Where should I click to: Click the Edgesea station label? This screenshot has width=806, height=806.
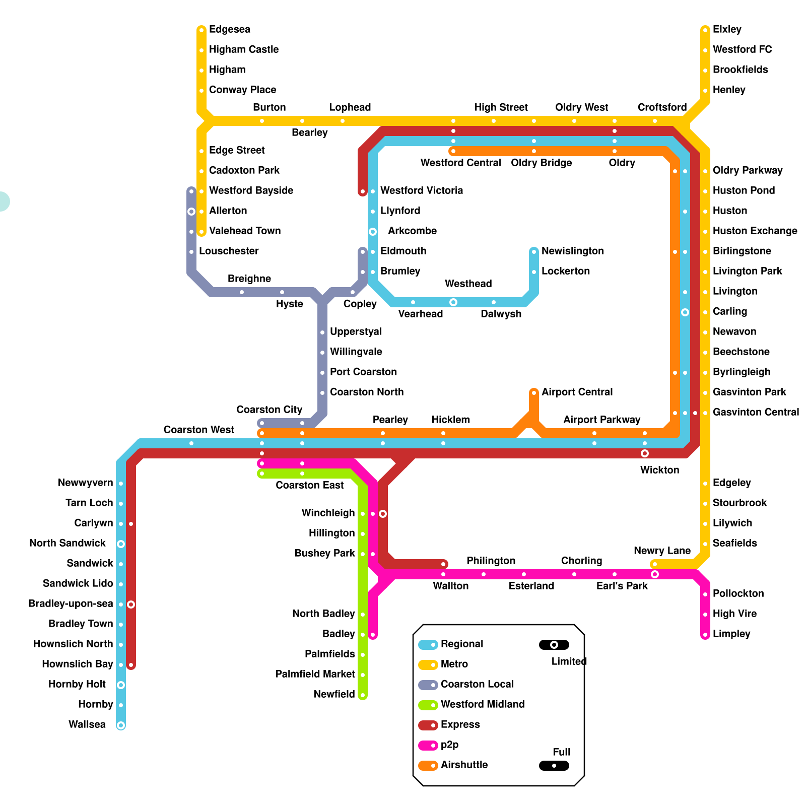[x=229, y=29]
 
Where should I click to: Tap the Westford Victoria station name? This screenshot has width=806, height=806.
[x=421, y=190]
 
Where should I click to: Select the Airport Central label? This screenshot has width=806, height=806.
[x=577, y=392]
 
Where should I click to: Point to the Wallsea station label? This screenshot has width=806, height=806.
[x=87, y=724]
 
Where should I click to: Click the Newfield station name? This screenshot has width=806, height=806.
[x=334, y=694]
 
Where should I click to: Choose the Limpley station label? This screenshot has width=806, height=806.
[x=731, y=634]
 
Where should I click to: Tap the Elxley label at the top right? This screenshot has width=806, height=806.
[x=727, y=29]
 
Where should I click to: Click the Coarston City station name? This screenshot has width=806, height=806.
[x=270, y=410]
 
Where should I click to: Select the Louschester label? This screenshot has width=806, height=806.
[x=229, y=251]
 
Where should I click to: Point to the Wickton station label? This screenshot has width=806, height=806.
[x=659, y=470]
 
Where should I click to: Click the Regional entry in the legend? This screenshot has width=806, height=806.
[x=461, y=644]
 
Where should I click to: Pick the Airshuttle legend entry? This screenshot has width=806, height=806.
[x=464, y=765]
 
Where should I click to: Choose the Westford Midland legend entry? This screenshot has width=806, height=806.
[x=482, y=704]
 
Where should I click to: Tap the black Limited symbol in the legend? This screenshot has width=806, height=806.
[x=554, y=645]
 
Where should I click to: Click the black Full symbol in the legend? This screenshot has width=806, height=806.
[x=554, y=766]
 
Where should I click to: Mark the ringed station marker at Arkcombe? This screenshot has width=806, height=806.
[x=373, y=232]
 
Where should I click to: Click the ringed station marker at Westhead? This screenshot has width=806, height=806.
[x=453, y=302]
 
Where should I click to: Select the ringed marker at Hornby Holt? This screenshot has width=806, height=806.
[x=121, y=685]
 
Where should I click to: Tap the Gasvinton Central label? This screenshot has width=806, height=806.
[x=756, y=412]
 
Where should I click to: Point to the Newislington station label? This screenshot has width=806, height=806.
[x=572, y=251]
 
